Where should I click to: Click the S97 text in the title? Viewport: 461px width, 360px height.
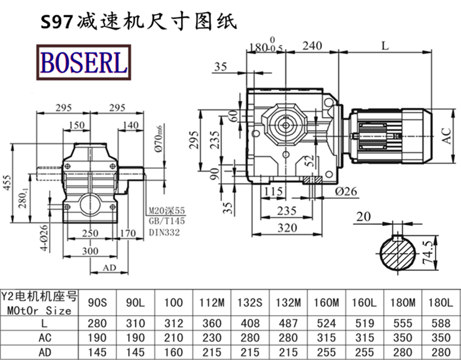pos(55,22)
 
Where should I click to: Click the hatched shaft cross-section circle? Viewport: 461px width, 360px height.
pos(397,254)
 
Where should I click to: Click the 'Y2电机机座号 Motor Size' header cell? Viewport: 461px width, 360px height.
pos(40,302)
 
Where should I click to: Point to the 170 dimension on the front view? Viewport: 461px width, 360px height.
pos(128,233)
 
